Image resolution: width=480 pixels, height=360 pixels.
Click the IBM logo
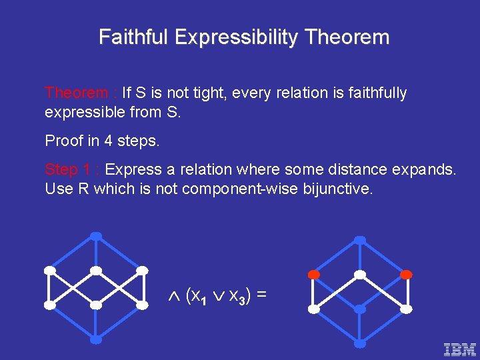click(x=460, y=348)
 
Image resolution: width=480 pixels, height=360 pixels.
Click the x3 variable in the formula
click(x=238, y=295)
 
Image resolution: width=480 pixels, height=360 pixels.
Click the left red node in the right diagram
click(x=313, y=274)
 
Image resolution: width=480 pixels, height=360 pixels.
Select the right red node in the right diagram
click(x=406, y=274)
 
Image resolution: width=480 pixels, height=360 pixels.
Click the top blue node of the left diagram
click(x=96, y=236)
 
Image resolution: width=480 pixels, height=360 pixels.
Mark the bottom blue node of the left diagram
click(x=96, y=339)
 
